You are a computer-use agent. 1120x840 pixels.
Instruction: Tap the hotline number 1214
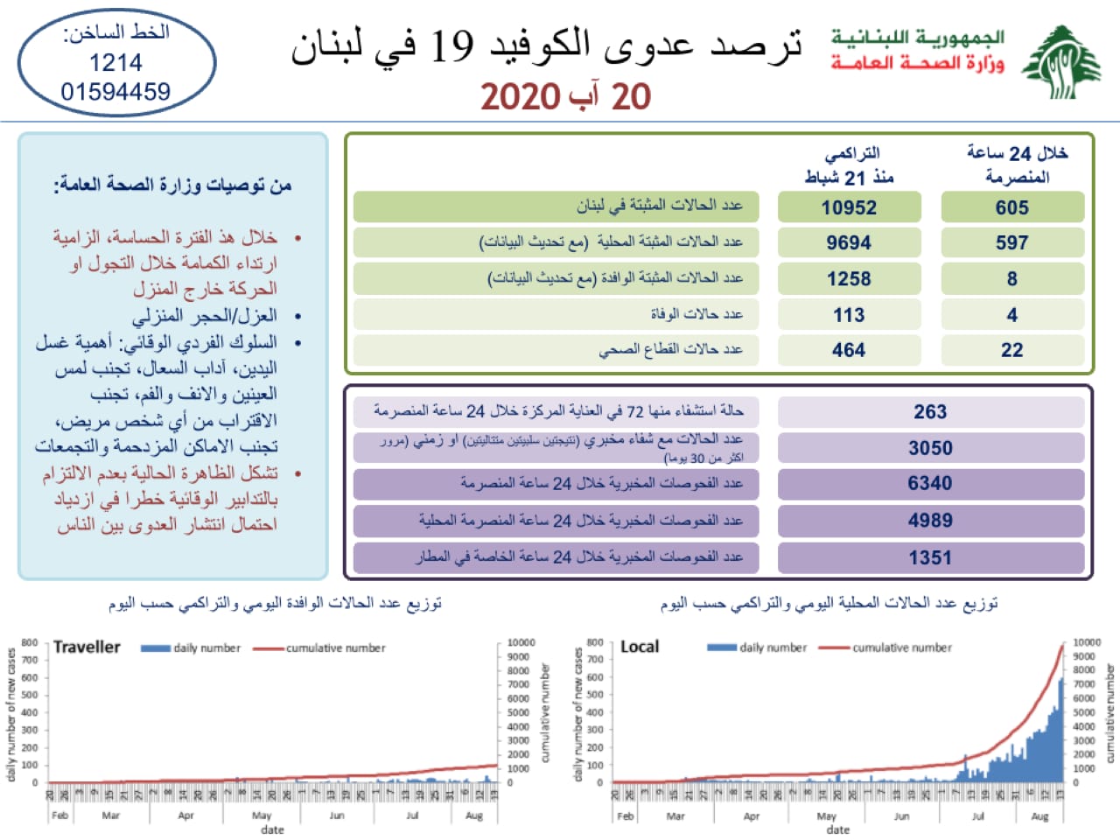click(115, 63)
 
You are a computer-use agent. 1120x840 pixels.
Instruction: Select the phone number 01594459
click(115, 91)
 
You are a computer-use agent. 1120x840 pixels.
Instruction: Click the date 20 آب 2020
click(566, 96)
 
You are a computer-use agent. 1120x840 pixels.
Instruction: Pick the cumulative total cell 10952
click(849, 207)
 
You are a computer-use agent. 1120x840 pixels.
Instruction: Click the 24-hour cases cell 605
click(1011, 207)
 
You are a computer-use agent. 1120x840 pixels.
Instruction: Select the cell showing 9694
click(849, 243)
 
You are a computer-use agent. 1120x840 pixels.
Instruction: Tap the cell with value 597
click(1011, 243)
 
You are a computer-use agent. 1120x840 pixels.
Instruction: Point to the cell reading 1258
click(849, 279)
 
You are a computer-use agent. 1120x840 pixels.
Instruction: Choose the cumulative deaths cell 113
click(849, 315)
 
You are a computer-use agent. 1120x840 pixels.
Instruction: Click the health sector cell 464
click(849, 350)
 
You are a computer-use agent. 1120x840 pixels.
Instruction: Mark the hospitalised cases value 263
click(930, 412)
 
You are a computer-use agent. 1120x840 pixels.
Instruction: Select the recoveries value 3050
click(930, 448)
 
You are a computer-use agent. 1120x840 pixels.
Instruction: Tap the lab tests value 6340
click(930, 483)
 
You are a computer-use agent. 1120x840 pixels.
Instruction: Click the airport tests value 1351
click(930, 557)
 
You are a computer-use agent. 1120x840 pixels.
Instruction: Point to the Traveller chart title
click(87, 647)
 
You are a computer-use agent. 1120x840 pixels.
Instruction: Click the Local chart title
click(640, 647)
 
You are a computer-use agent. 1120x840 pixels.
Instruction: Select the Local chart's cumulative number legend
click(901, 648)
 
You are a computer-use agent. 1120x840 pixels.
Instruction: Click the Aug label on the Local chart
click(1039, 816)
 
